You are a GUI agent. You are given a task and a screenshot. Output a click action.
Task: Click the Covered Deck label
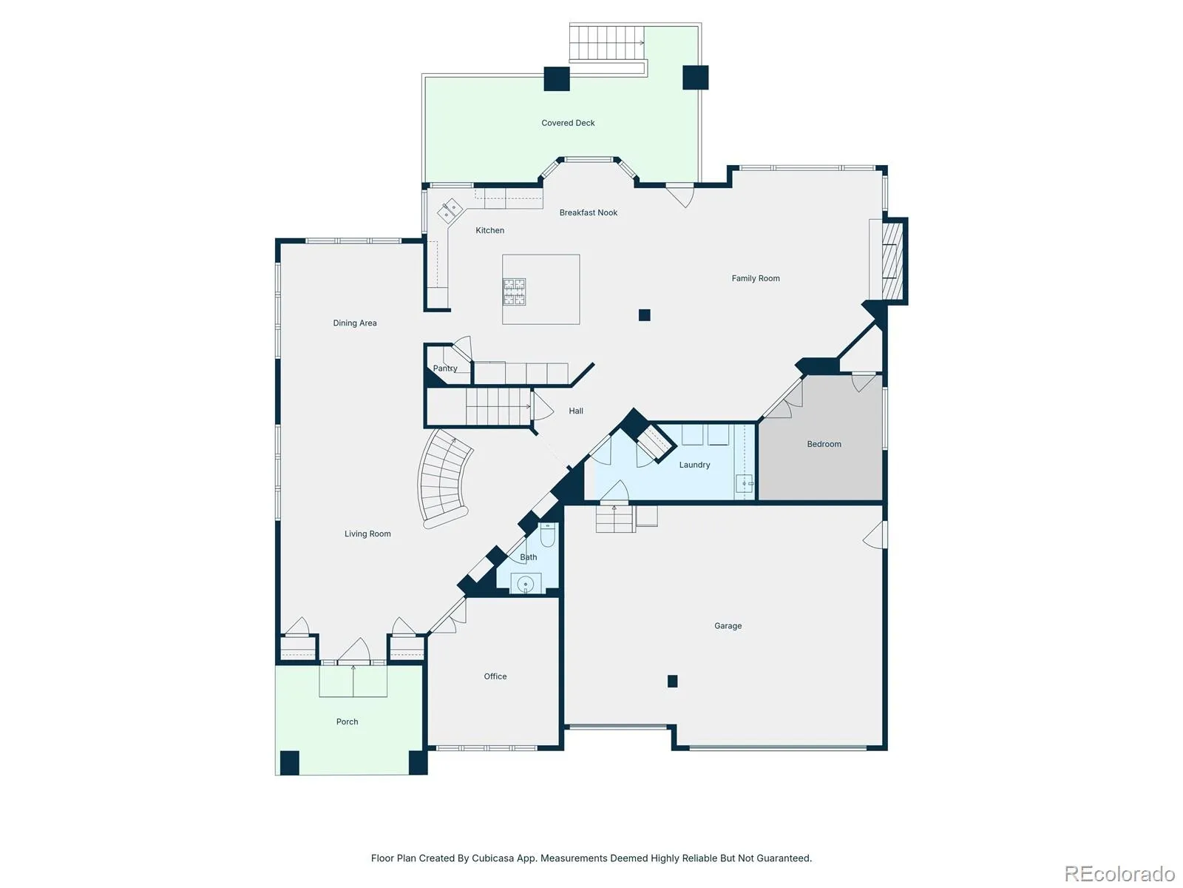point(568,123)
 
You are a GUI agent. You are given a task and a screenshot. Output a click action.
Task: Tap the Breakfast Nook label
point(588,212)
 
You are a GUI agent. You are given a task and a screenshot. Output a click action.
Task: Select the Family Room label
point(755,278)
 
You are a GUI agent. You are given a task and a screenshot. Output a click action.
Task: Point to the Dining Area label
point(355,323)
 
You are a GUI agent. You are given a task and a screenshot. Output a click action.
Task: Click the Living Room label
point(367,534)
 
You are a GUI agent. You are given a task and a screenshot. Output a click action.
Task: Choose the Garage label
point(728,626)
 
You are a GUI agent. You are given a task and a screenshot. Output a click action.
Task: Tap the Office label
point(495,676)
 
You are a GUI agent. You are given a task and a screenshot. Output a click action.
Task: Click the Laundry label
point(694,465)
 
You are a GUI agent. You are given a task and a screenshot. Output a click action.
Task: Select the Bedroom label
point(824,444)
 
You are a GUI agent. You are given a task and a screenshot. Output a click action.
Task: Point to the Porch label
point(347,721)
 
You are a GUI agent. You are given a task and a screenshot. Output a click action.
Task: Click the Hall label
point(575,411)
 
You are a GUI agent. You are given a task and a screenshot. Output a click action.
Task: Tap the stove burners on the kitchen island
point(514,292)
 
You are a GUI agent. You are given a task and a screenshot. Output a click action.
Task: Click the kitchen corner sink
point(450,210)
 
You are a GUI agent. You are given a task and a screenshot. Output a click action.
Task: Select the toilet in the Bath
point(547,534)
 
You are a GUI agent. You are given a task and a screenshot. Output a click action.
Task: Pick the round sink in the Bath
point(525,584)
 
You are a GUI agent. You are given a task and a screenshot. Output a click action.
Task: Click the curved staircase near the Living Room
point(444,478)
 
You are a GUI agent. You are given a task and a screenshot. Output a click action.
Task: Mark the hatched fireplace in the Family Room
point(892,261)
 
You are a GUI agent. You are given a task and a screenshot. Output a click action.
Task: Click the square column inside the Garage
point(672,681)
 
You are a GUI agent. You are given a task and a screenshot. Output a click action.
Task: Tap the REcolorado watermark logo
point(1119,873)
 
